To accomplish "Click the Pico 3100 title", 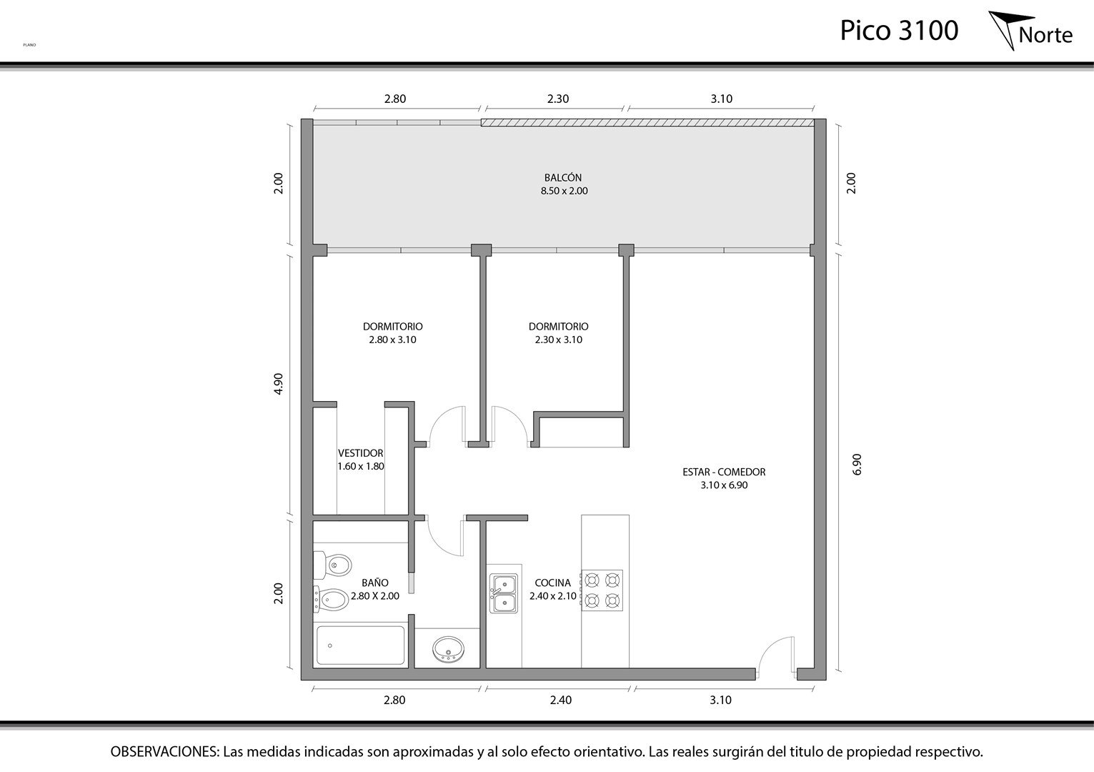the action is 899,31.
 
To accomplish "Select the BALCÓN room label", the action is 563,178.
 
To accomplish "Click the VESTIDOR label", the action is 360,453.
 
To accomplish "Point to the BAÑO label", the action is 375,583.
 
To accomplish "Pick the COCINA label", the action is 552,583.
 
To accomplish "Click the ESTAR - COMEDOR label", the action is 724,472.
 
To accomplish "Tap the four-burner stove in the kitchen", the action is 602,590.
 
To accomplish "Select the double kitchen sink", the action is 504,594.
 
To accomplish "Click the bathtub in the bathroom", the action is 360,645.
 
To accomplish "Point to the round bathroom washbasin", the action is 448,649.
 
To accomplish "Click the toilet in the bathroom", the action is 332,565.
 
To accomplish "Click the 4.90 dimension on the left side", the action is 278,384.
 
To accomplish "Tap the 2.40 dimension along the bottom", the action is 561,701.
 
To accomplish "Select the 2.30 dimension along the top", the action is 558,99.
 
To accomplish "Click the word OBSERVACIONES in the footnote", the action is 164,751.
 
